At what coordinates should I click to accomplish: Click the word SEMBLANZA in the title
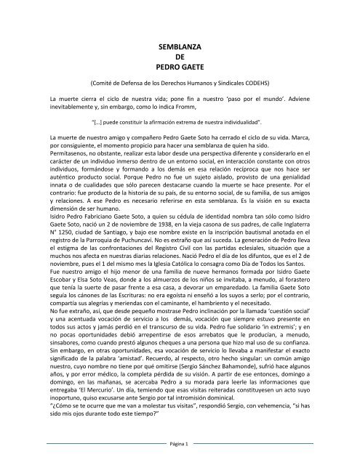tap(180, 46)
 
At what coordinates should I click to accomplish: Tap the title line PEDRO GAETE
tap(180, 70)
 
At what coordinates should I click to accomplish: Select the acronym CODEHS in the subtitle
tap(257, 83)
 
